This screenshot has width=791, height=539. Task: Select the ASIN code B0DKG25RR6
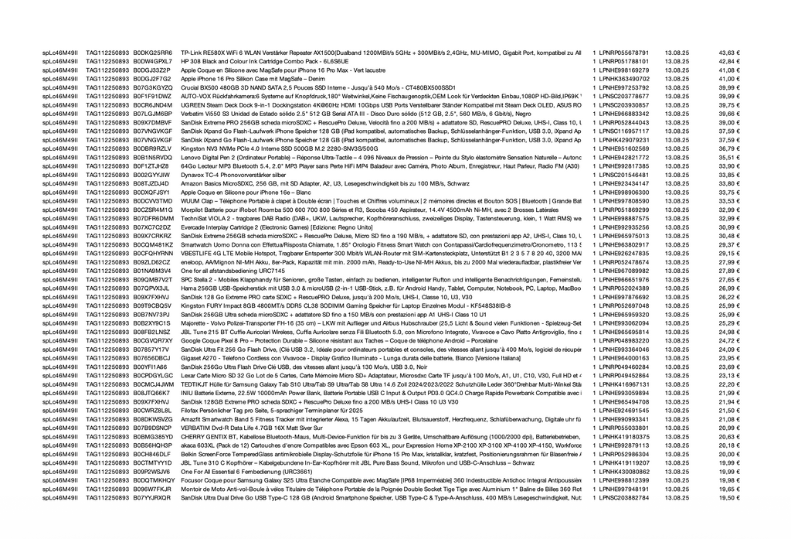coord(153,52)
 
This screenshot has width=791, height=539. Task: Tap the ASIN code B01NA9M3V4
coord(153,271)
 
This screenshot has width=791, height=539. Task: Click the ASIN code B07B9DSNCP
coord(153,428)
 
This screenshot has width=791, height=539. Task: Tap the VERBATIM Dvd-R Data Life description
coord(241,428)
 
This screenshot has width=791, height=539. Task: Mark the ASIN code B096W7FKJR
coord(153,489)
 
